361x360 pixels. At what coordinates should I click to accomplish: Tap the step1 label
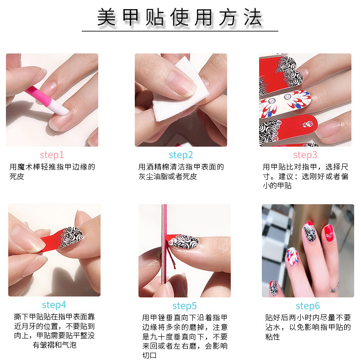click(52, 155)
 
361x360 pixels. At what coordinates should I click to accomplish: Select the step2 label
click(180, 155)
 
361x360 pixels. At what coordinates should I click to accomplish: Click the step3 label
click(305, 155)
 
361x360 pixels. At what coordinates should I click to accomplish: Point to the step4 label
click(54, 305)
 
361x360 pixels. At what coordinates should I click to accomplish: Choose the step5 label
click(185, 306)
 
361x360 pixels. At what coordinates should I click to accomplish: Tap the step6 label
click(308, 306)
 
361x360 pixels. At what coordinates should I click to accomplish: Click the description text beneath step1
click(52, 171)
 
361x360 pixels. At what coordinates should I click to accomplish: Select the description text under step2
click(181, 171)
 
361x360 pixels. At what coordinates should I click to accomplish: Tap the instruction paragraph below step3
click(305, 176)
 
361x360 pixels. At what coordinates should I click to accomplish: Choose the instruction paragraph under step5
click(185, 336)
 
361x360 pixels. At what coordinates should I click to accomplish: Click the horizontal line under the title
click(180, 31)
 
